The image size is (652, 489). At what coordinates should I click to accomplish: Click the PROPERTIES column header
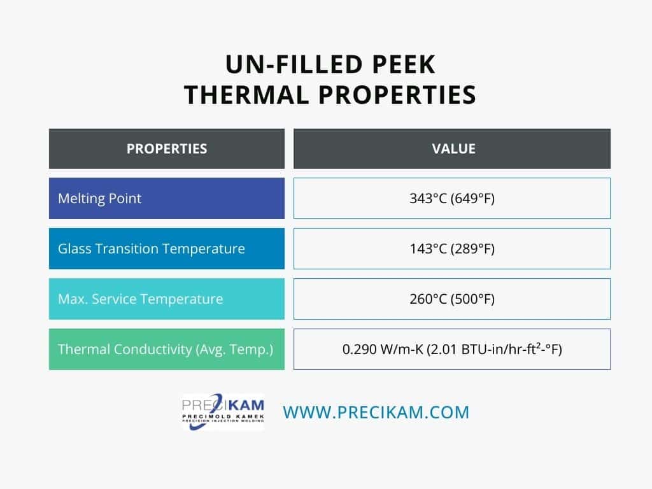click(x=167, y=149)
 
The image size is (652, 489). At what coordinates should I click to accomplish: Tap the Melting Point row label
click(x=100, y=199)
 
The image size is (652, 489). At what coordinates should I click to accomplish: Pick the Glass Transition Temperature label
click(x=152, y=249)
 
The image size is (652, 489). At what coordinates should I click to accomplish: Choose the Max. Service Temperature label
click(x=141, y=299)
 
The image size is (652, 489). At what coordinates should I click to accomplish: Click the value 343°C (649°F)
click(x=452, y=199)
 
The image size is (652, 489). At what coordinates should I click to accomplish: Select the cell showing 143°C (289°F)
click(x=452, y=249)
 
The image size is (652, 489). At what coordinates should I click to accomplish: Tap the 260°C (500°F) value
click(x=452, y=299)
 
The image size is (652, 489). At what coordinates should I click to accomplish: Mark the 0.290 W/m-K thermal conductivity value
click(x=452, y=349)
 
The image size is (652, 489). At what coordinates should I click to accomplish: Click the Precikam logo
click(x=223, y=412)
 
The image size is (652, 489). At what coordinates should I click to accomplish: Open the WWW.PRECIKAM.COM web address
click(x=376, y=412)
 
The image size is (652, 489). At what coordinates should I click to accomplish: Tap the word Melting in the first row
click(x=80, y=199)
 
